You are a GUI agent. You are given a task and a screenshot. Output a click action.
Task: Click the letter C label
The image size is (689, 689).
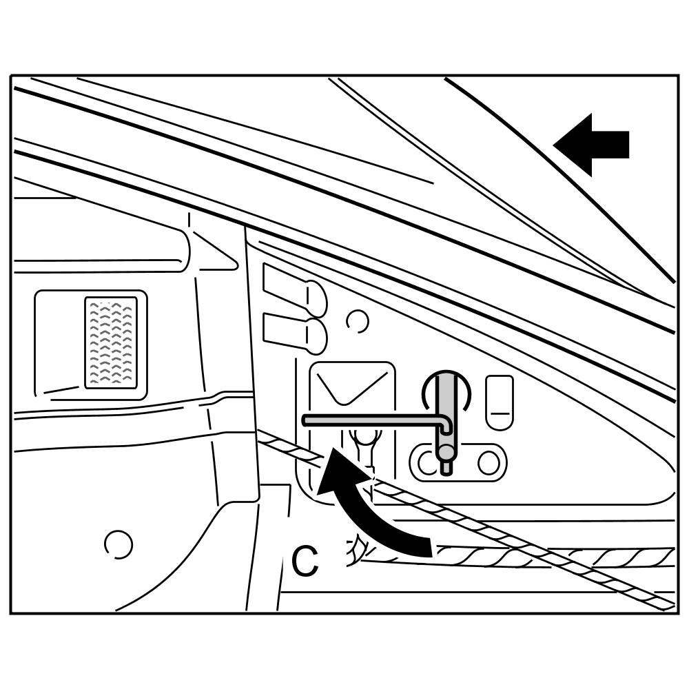pos(305,561)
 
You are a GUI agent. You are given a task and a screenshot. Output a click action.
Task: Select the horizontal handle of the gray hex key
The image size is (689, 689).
pos(372,420)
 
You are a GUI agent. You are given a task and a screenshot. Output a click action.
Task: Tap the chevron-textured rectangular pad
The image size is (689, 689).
pos(110,342)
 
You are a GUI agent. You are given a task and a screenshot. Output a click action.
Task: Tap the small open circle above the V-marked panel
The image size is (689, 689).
pos(358,320)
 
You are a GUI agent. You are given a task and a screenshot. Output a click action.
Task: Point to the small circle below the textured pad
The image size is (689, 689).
pos(118,544)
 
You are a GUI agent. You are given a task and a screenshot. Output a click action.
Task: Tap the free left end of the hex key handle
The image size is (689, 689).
pos(307,420)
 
